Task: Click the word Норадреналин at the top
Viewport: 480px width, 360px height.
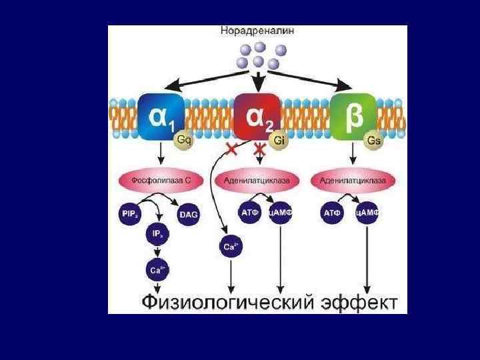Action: [x=257, y=31]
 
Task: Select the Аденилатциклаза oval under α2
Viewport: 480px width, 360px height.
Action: [x=257, y=181]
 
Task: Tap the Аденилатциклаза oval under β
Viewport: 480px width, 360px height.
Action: [x=350, y=181]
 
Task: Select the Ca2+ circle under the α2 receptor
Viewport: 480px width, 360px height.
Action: [x=229, y=247]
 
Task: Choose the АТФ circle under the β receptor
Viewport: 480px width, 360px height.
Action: [x=332, y=213]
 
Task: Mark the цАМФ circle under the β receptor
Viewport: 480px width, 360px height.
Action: [x=367, y=213]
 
